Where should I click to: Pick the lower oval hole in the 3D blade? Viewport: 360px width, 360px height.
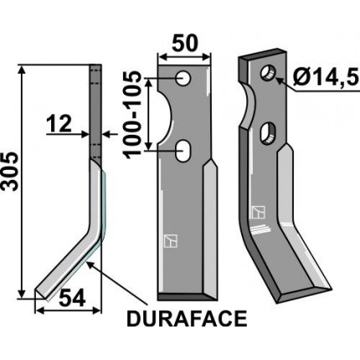(268, 131)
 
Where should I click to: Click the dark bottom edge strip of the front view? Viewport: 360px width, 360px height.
(184, 296)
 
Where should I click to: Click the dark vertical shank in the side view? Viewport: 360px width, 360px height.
(95, 109)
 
